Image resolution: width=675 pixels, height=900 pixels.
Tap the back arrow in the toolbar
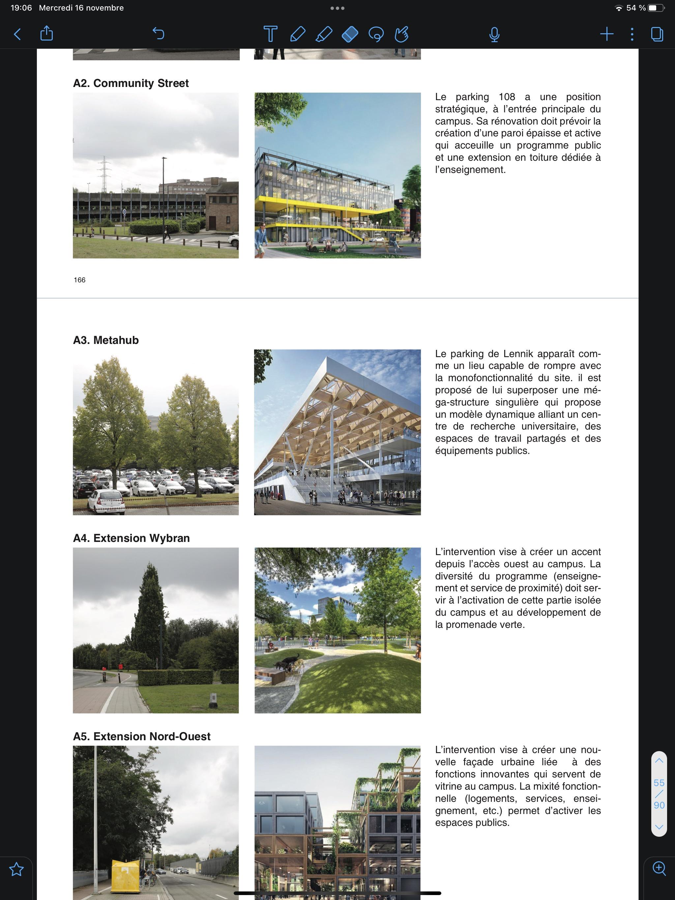point(17,34)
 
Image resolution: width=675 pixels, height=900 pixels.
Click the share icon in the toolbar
point(47,33)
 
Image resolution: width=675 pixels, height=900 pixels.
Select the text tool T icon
point(270,34)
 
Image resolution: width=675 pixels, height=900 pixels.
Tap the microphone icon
point(494,34)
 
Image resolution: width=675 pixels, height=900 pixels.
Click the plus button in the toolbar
point(606,34)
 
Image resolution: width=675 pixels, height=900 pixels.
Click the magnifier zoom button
point(659,868)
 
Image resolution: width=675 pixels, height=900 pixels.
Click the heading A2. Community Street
point(131,83)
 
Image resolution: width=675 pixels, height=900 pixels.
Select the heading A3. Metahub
point(106,340)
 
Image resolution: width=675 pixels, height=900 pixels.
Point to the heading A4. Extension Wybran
point(131,538)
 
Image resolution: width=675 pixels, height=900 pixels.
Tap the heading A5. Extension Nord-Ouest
point(142,736)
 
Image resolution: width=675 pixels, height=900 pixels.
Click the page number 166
point(79,280)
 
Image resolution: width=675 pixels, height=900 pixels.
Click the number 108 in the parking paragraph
point(507,97)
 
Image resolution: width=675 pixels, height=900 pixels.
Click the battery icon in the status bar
point(656,8)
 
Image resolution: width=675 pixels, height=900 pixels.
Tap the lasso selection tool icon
point(376,34)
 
